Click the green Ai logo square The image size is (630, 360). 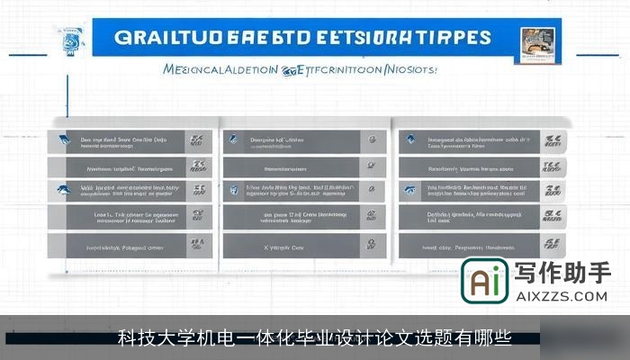pos(485,282)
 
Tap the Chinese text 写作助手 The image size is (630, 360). pos(562,273)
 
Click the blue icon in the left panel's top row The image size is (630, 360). pos(65,140)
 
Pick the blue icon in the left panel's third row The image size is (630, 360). pos(65,191)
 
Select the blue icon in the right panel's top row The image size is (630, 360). pos(410,140)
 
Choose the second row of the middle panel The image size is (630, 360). pos(304,166)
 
